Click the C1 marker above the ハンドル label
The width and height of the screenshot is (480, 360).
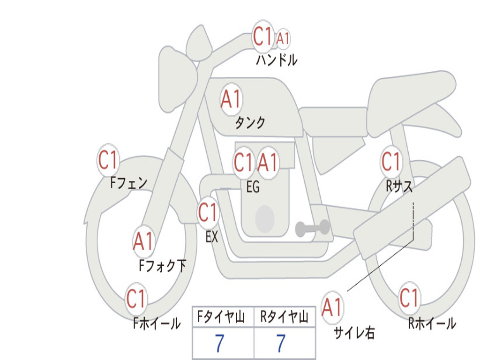(x=263, y=36)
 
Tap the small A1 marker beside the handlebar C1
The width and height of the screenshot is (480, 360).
(x=283, y=39)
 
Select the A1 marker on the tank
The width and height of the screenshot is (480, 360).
(x=232, y=99)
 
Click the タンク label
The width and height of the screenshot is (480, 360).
(x=250, y=123)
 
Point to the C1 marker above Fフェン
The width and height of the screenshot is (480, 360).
(x=108, y=160)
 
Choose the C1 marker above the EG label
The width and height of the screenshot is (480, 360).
(x=244, y=162)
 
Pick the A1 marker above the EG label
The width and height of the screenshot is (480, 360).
(x=268, y=162)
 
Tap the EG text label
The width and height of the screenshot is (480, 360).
(x=253, y=187)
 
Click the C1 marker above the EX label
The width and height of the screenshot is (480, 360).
(x=208, y=212)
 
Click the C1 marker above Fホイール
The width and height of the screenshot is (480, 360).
(x=136, y=299)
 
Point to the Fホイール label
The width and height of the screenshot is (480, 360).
(x=157, y=323)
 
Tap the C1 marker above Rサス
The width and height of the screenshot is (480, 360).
(x=391, y=161)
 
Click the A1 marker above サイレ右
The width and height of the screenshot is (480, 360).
(x=332, y=307)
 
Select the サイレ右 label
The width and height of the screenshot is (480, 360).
(x=354, y=332)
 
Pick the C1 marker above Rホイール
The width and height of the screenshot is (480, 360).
(x=409, y=298)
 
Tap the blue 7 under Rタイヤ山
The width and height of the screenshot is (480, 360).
(x=281, y=343)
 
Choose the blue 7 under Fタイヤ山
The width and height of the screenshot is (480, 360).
(x=219, y=343)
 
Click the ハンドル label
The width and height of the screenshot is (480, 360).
(x=277, y=60)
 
